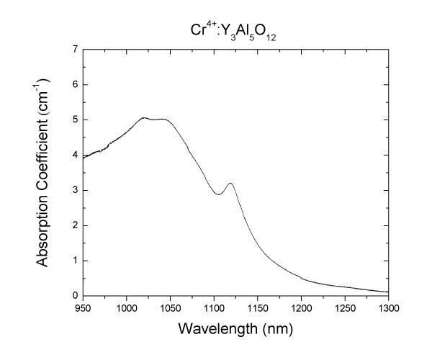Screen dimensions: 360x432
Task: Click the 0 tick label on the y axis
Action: [x=74, y=296]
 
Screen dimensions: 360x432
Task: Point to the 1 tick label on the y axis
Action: [x=74, y=261]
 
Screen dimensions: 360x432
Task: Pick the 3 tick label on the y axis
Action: [x=74, y=190]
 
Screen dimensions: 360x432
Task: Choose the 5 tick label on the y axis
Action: [x=74, y=120]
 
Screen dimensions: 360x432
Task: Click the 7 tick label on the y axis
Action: [x=74, y=50]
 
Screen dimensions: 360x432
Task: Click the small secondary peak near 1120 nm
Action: [x=230, y=183]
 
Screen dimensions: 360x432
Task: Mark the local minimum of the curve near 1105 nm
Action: [x=218, y=194]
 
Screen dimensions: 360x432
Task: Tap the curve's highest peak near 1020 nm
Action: [x=143, y=117]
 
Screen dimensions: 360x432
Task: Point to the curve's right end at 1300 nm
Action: [x=389, y=292]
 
